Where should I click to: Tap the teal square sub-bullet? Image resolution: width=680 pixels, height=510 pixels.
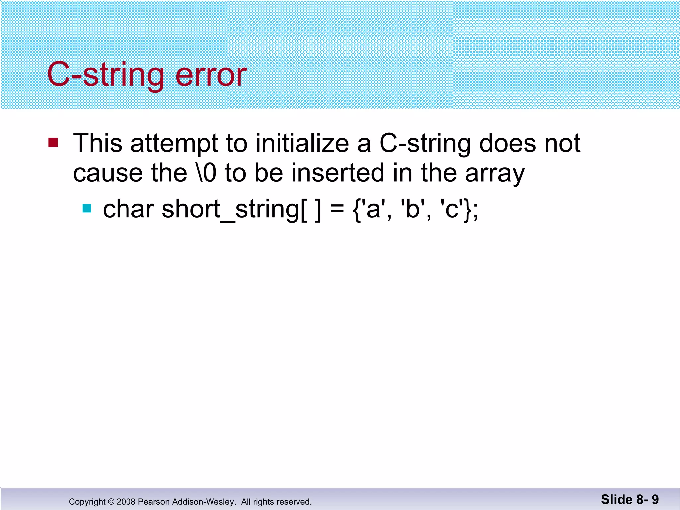tap(87, 208)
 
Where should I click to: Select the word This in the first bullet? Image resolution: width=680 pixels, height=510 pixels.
tap(98, 143)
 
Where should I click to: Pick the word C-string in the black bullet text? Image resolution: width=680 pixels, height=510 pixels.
tap(425, 144)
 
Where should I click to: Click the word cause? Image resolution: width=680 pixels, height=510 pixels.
tap(108, 173)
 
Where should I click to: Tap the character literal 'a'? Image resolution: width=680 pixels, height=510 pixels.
tap(373, 210)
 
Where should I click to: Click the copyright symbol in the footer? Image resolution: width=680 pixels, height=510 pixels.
tap(111, 502)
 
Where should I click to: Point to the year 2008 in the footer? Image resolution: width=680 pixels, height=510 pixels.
tap(126, 502)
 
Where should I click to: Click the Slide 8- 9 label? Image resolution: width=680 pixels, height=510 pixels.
tap(630, 499)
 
